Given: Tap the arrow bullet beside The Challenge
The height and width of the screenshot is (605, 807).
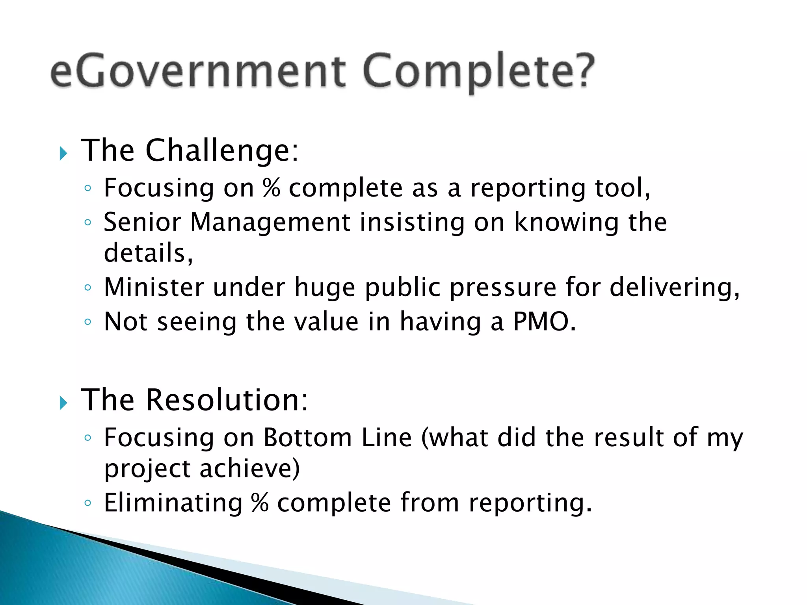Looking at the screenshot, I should coord(63,154).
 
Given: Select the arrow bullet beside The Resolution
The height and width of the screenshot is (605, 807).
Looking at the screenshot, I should coord(63,403).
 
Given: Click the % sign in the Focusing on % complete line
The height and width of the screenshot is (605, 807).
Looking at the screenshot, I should coord(271,188).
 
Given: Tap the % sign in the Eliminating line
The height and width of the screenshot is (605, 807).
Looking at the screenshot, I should coord(260,503).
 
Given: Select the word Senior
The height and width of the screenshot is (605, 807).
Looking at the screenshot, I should coord(142,222).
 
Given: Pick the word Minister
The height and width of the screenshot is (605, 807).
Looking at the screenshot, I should coord(154,287).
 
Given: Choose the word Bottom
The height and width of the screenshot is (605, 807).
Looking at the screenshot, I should coord(308,438).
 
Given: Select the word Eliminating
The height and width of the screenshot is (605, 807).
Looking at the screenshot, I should coord(173,503).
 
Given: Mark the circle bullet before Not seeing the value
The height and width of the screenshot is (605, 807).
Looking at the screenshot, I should coord(88,322).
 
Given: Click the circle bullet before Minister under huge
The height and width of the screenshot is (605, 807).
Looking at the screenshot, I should coord(88,288).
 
